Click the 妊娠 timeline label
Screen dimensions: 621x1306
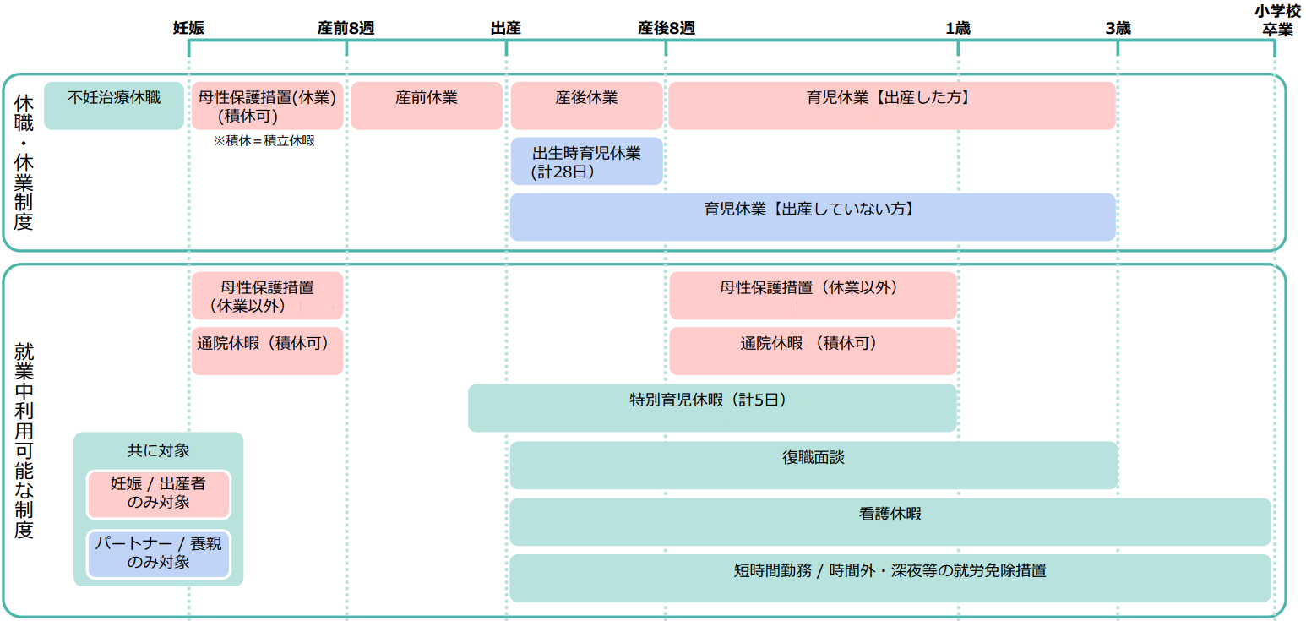(x=188, y=28)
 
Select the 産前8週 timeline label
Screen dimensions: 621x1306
(x=346, y=28)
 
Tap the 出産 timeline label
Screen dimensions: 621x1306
(x=505, y=28)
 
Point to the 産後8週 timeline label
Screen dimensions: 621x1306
(x=666, y=28)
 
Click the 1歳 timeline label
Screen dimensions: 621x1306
(x=957, y=28)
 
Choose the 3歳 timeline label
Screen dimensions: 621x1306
(x=1117, y=28)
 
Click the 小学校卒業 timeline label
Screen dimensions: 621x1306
(x=1276, y=20)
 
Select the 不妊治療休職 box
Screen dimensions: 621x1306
(x=114, y=106)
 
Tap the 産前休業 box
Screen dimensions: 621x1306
(x=427, y=106)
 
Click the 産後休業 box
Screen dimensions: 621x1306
(x=586, y=106)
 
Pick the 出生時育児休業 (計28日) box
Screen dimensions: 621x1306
(x=586, y=161)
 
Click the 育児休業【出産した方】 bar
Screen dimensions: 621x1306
(x=891, y=106)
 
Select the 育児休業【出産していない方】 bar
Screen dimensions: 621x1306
(x=813, y=217)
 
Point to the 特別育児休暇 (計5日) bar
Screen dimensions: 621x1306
(x=712, y=408)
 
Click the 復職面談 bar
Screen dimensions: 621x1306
(x=814, y=465)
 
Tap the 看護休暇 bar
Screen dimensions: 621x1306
(x=890, y=521)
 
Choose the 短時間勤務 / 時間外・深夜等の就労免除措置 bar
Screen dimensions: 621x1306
(x=890, y=578)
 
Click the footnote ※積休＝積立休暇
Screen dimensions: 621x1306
(x=264, y=141)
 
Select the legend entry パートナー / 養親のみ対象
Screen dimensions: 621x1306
(x=159, y=553)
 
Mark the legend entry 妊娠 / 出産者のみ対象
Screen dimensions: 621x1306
(x=159, y=493)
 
